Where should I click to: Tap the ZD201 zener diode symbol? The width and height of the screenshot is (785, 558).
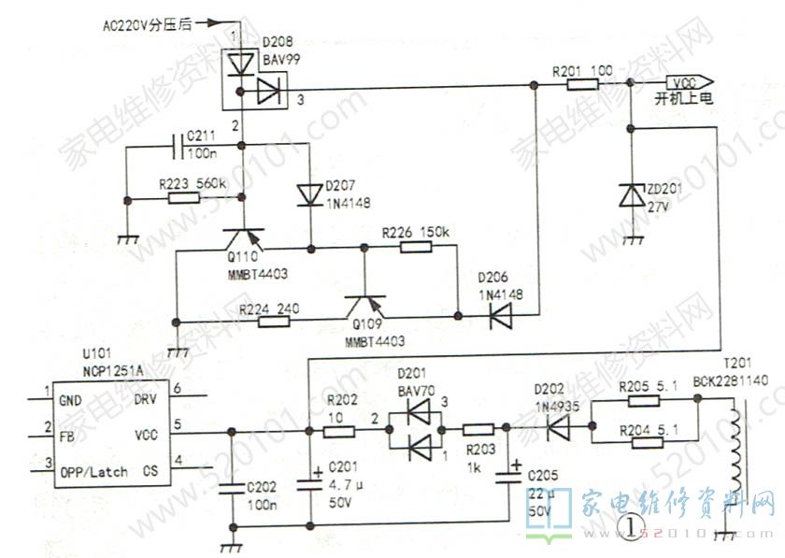[633, 194]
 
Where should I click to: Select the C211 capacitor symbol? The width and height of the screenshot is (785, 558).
[178, 145]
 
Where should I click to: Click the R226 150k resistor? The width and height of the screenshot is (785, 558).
[415, 247]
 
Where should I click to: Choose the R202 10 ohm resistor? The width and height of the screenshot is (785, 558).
[338, 431]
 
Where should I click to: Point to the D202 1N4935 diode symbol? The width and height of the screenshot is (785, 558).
[559, 429]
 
